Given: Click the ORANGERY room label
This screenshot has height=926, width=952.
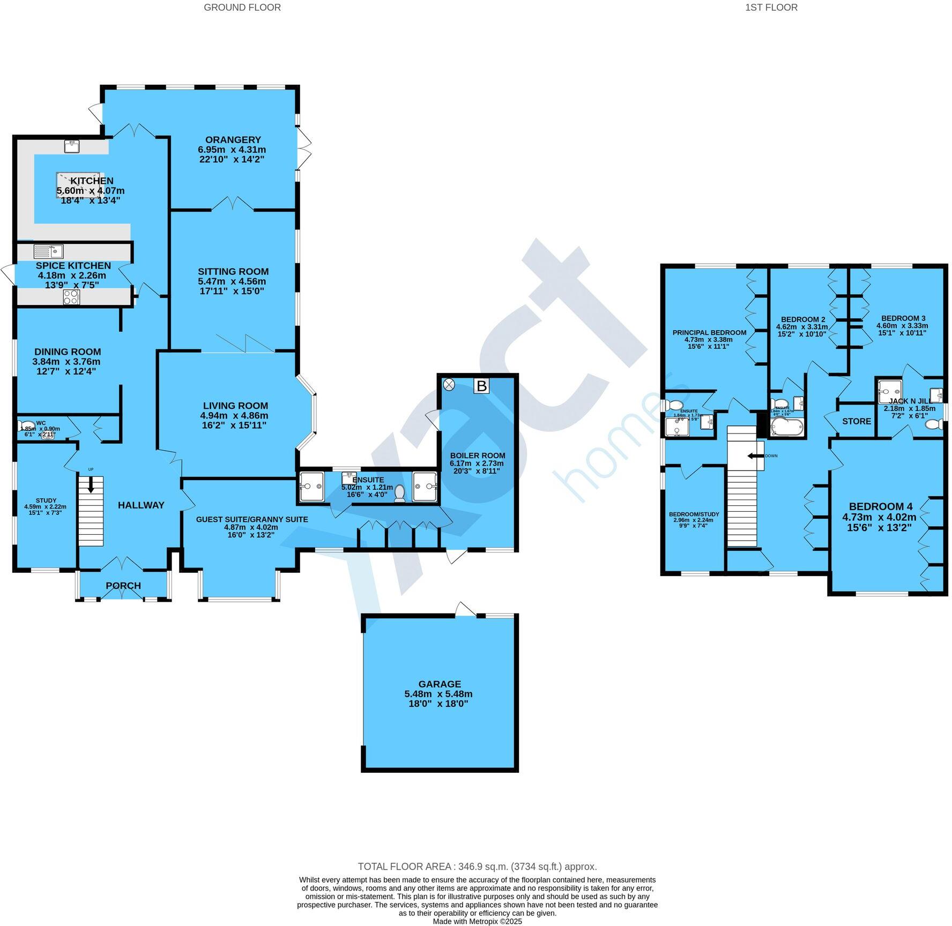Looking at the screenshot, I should tap(233, 140).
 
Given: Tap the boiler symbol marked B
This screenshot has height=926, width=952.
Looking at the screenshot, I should tap(481, 386).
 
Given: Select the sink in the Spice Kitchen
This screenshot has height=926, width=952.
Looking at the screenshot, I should tap(49, 251).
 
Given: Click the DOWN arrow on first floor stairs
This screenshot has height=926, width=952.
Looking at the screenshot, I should tap(756, 456).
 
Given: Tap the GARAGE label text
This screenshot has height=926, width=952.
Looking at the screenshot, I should tap(440, 684).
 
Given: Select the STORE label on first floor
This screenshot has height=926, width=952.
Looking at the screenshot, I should tap(856, 421).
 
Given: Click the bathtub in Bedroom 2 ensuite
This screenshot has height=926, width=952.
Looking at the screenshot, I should tap(786, 428).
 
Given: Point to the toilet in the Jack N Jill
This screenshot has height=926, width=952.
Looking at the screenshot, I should tap(934, 424).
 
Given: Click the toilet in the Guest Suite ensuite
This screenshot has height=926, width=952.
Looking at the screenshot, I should tap(399, 493).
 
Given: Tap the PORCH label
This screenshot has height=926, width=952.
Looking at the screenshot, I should tap(123, 586).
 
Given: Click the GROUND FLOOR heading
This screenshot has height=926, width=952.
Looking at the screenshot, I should tap(242, 8).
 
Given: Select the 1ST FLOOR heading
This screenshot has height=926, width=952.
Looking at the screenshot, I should tap(771, 8).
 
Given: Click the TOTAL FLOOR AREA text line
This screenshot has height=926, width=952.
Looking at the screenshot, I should tap(477, 867).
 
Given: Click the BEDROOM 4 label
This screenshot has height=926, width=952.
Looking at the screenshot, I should tap(880, 506).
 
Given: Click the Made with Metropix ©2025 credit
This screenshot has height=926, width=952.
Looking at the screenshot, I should tap(477, 922).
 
